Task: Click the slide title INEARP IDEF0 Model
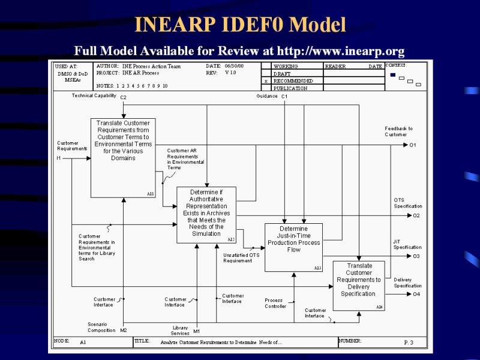coord(240,25)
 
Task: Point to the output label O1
coord(413,145)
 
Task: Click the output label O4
coord(416,294)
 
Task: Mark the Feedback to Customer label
coord(398,131)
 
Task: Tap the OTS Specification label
coord(407,203)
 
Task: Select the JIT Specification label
coord(407,244)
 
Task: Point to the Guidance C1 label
coord(272,96)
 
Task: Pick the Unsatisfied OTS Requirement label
coord(241,258)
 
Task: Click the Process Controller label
coord(277,303)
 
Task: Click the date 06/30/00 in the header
coord(233,66)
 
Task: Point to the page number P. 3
coord(408,342)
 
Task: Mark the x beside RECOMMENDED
coord(266,80)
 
